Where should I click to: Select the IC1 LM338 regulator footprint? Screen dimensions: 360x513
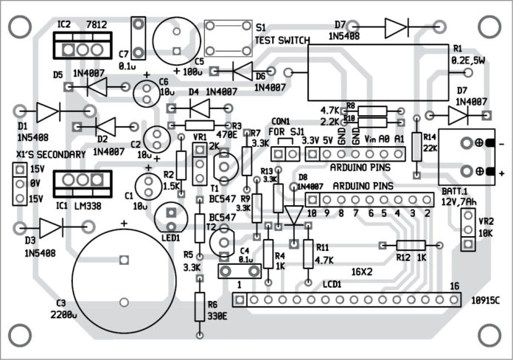[81, 181]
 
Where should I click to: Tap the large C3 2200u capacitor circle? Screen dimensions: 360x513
[123, 280]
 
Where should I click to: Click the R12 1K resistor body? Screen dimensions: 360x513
[409, 246]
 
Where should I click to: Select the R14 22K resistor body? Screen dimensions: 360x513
[417, 145]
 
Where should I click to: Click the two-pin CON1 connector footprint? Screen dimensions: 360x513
[285, 153]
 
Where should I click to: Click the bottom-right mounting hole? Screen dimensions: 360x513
[488, 330]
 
